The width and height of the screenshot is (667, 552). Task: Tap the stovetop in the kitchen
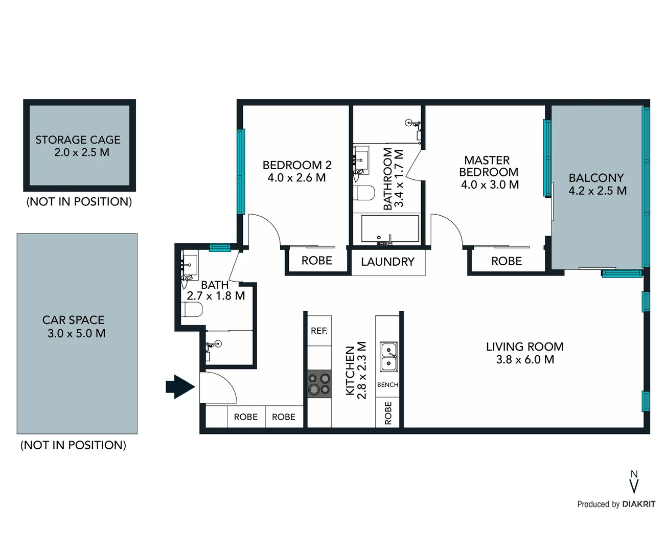tap(319, 384)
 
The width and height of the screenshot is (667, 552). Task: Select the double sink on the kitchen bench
tap(388, 357)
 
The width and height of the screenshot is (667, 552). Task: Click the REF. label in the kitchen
tap(319, 331)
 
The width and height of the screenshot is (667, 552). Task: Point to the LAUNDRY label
tap(387, 262)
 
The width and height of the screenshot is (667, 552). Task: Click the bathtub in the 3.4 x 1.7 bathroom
tap(389, 228)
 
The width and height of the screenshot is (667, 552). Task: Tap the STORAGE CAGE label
tap(78, 140)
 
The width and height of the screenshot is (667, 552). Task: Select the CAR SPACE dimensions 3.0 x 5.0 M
tap(77, 333)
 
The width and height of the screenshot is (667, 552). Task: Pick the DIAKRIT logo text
tap(638, 504)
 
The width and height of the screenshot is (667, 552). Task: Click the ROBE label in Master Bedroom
tap(507, 261)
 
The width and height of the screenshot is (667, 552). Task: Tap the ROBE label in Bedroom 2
tap(317, 261)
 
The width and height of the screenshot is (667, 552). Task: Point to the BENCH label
tap(387, 384)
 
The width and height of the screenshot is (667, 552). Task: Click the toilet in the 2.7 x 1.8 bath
tap(192, 309)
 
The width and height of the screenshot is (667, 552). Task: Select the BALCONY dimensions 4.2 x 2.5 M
tap(597, 191)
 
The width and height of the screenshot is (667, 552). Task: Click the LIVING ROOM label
tap(524, 347)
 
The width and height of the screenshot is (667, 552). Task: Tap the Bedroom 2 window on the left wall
tap(241, 171)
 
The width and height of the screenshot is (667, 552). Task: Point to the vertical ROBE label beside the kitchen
tap(388, 412)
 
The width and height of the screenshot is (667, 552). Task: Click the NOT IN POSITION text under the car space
tap(73, 445)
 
